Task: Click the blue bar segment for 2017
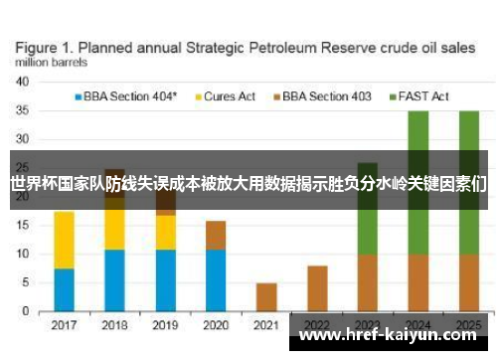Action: tap(64, 290)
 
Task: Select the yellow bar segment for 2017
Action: tap(64, 240)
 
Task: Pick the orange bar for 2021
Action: tap(266, 297)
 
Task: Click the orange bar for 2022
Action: tap(317, 288)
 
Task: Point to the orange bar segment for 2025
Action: tap(468, 282)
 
